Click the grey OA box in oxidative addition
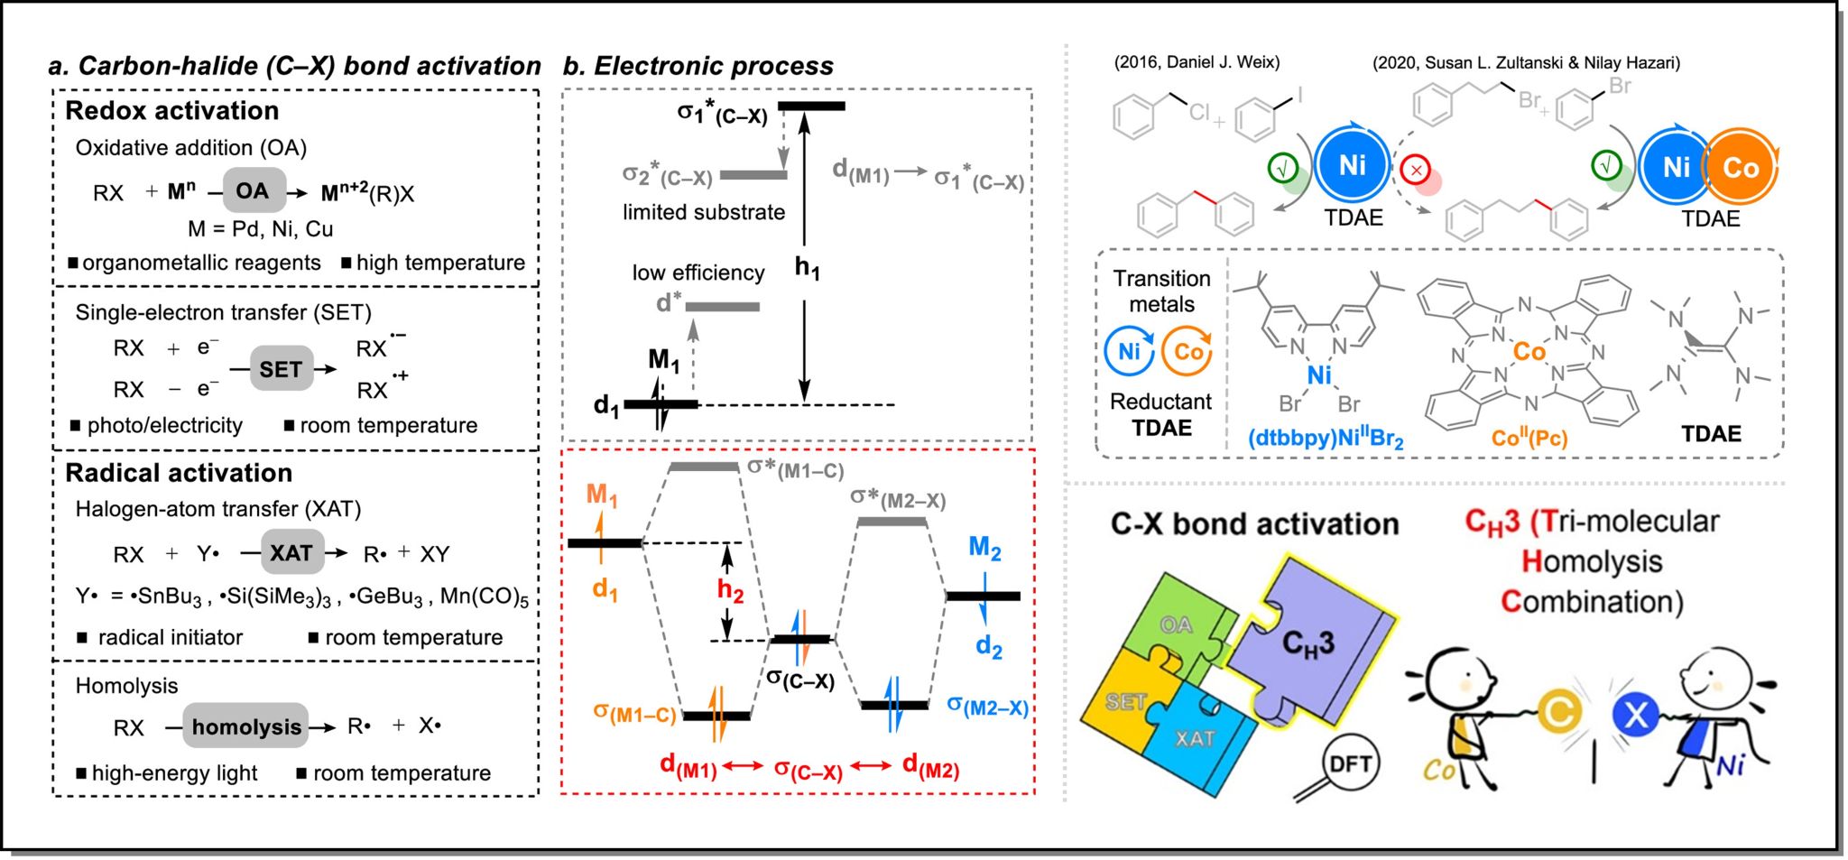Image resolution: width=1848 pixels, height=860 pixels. coord(253,191)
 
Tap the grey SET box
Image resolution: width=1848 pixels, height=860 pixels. coord(281,368)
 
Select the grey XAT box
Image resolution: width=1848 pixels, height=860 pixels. coord(291,552)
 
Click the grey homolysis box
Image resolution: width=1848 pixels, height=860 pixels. coord(245,726)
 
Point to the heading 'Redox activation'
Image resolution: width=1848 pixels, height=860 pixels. coord(172,110)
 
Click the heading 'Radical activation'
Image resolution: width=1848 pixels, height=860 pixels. coord(179,472)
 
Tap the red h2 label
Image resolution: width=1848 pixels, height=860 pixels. coord(730,591)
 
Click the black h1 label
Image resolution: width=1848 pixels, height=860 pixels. coord(807,267)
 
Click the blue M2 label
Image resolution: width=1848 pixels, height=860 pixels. coord(984,547)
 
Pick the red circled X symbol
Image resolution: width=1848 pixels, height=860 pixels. coord(1416,169)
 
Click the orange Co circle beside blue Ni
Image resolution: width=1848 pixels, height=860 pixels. coord(1741,168)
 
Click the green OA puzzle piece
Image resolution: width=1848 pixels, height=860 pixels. coord(1175,624)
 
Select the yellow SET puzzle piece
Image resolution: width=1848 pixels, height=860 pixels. coord(1126,702)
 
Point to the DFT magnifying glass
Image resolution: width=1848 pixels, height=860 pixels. coord(1350,764)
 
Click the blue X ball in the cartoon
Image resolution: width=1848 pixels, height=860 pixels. coord(1635,716)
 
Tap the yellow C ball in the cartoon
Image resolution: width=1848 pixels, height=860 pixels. coord(1558,712)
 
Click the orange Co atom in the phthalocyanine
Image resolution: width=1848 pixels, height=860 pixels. coord(1529,351)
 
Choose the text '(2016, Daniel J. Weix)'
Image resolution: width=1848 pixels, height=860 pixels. coord(1197,62)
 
